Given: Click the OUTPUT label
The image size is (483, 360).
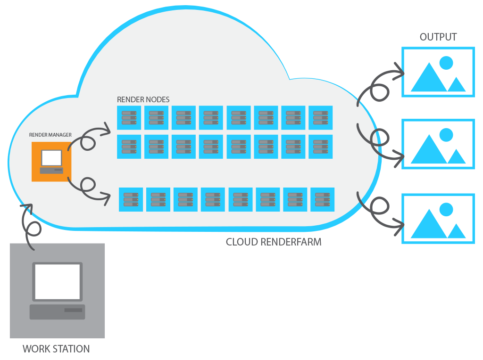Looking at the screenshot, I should [x=438, y=37].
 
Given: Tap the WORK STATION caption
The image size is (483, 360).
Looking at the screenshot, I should [x=56, y=349].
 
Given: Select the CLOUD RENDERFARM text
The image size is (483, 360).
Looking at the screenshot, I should [x=274, y=242].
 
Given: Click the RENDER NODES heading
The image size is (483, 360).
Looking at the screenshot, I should [x=143, y=100].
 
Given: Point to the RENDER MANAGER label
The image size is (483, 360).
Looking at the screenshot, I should [x=50, y=135].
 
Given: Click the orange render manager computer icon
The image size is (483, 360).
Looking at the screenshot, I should [x=51, y=162].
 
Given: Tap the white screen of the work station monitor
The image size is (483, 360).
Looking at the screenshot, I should [x=57, y=281].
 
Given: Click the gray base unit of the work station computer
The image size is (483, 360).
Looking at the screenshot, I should [x=57, y=311].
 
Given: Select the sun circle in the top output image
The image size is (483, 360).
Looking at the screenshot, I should [x=446, y=63].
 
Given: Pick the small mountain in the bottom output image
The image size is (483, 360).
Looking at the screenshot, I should [x=456, y=231].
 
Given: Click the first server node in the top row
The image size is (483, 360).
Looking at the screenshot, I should [x=129, y=118].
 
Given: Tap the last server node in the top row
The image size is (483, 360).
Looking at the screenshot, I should [x=320, y=118].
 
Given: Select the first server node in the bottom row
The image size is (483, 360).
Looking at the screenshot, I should [x=131, y=199].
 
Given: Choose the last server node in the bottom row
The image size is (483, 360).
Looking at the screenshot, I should [x=322, y=199].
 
